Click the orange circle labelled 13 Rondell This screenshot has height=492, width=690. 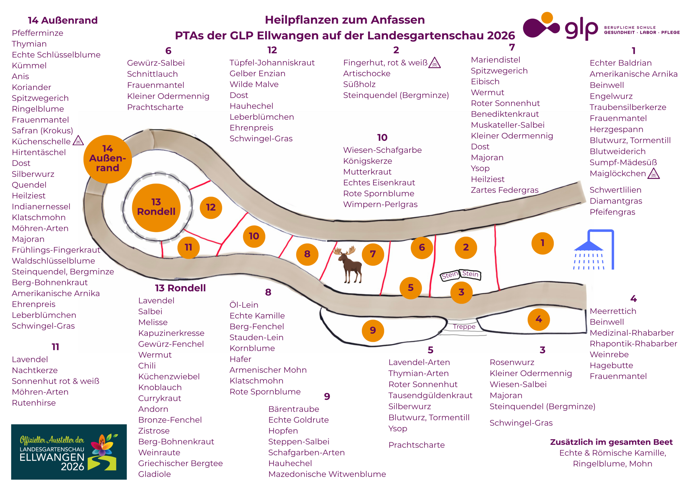pos(156,208)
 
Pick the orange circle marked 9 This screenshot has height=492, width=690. pos(373,331)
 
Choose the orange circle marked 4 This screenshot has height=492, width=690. pos(539,319)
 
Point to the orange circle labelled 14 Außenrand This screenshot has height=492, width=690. pos(108,159)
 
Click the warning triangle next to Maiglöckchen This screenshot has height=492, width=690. pos(653,174)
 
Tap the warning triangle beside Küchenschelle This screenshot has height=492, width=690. pos(78,140)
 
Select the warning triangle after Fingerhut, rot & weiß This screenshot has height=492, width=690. pos(434,63)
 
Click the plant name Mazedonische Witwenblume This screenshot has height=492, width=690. pos(327,474)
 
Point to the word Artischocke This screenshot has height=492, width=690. pos(367,74)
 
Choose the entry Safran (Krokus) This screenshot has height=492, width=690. pos(42,130)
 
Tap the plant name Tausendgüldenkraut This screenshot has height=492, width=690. pos(430,395)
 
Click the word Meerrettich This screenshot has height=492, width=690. pos(613,311)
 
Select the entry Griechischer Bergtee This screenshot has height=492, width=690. pos(181,463)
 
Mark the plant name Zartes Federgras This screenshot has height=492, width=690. pos(505,190)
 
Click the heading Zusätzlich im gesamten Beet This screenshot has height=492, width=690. pos(611,442)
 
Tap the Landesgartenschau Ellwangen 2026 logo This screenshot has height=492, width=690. pos(69,452)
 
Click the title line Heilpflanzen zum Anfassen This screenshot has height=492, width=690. pos(345,20)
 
